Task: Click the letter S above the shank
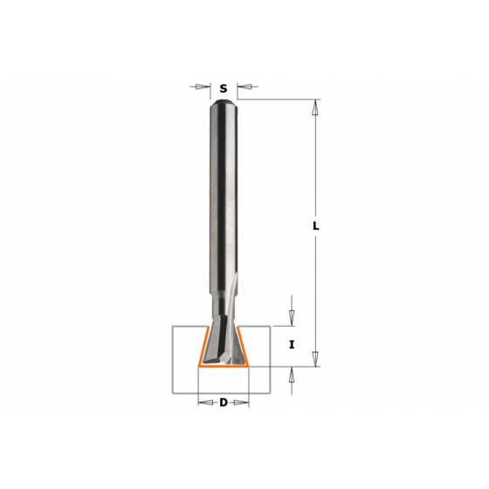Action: [x=224, y=89]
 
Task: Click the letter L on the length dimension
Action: [x=316, y=226]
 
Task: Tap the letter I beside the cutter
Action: [x=292, y=345]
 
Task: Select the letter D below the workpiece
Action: [x=224, y=403]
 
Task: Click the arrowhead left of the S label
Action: [x=203, y=86]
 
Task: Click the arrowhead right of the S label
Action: [x=244, y=86]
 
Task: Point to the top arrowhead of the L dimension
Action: [x=316, y=107]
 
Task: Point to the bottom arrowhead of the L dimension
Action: [x=316, y=359]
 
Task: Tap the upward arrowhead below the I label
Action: [x=292, y=375]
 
